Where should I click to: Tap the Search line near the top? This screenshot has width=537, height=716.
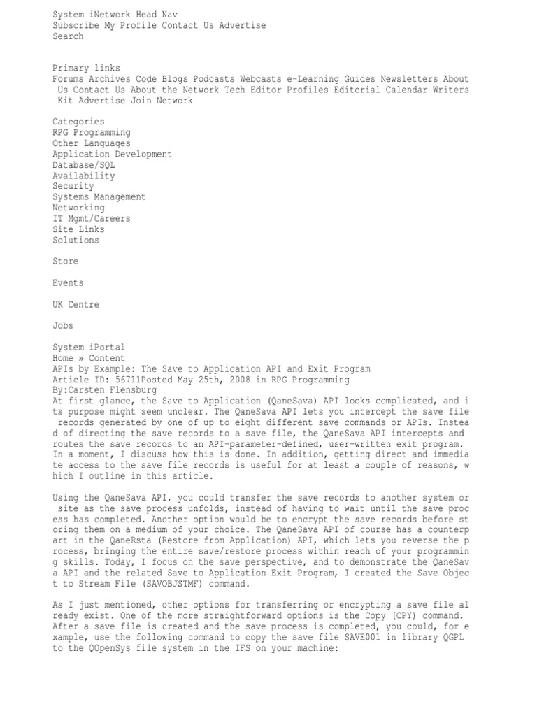click(x=68, y=36)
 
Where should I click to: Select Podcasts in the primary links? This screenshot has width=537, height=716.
click(x=213, y=79)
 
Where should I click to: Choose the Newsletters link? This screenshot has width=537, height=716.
click(x=409, y=79)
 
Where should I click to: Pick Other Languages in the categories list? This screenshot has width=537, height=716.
click(x=91, y=143)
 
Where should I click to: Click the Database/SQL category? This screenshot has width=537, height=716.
click(x=83, y=165)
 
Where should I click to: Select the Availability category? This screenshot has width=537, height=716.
click(x=83, y=176)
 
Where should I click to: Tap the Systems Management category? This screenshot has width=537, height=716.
click(x=99, y=197)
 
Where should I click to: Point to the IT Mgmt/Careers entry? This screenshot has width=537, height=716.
click(x=91, y=219)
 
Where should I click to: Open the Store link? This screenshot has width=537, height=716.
click(x=65, y=262)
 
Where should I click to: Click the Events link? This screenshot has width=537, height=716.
click(x=68, y=283)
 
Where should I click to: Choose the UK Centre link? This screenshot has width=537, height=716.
click(x=76, y=305)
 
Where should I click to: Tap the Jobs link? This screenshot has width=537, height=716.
click(x=63, y=326)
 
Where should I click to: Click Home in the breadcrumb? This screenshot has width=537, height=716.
click(x=63, y=358)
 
